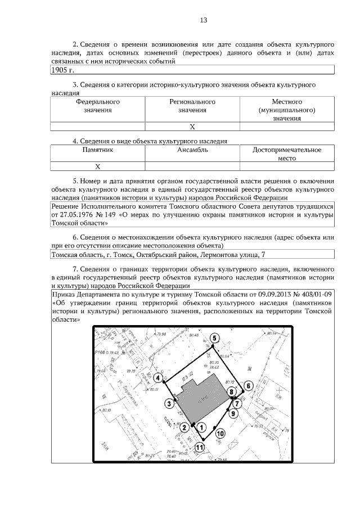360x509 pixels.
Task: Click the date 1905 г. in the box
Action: [62, 70]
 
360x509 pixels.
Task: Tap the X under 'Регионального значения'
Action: [192, 127]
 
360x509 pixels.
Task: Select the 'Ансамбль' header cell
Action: [192, 150]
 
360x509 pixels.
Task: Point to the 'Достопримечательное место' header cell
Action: [287, 154]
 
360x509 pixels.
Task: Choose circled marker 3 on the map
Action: [168, 403]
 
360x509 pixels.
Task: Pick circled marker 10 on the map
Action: [220, 434]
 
